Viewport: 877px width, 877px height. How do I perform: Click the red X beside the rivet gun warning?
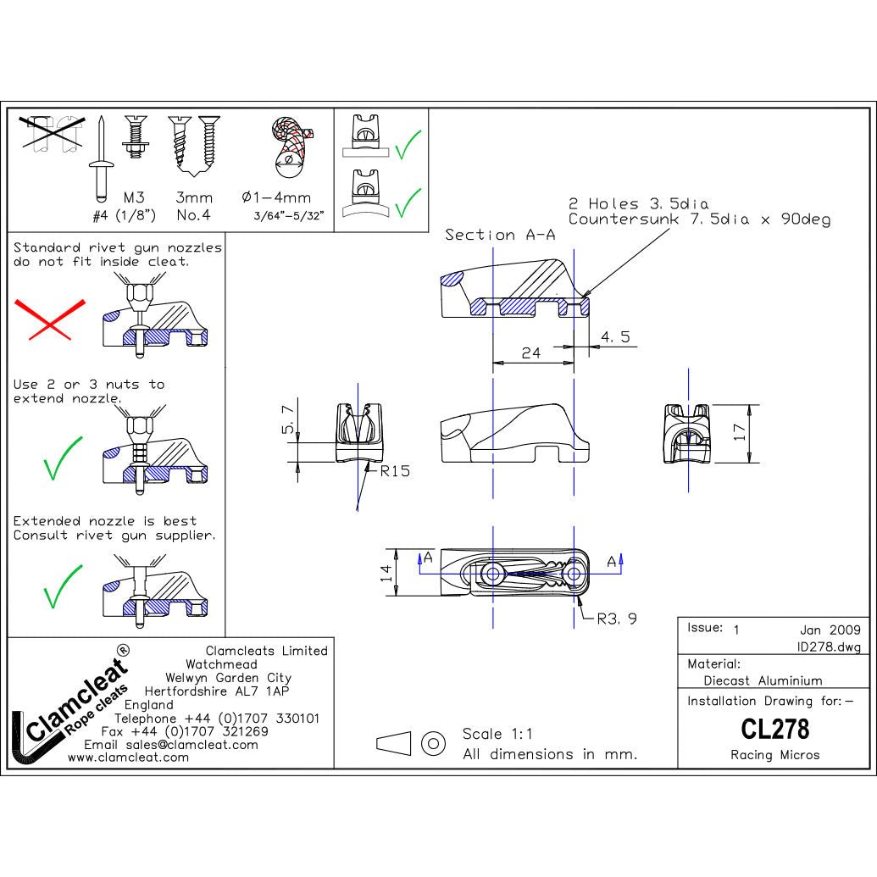(50, 319)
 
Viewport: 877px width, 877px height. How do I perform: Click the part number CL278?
(774, 729)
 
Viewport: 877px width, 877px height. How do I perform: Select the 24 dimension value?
(530, 353)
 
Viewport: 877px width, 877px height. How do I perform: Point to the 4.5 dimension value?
(615, 336)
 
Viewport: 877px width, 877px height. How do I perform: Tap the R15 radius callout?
(395, 471)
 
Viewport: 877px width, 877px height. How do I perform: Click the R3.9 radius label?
(617, 619)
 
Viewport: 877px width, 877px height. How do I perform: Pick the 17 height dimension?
(739, 432)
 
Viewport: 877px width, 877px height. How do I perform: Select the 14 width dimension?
(386, 573)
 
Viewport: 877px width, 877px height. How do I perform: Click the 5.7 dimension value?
(288, 419)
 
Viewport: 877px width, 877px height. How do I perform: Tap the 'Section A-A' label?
(500, 235)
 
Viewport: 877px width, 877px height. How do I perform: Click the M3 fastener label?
(134, 197)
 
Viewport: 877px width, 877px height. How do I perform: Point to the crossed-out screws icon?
(52, 133)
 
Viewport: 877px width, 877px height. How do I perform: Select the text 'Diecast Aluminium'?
(763, 680)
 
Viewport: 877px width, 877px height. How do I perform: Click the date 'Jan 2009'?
(830, 630)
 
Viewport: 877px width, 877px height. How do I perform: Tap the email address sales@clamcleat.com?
(170, 745)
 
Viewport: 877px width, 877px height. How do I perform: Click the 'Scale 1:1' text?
(497, 733)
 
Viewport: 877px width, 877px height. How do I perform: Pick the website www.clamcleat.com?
(128, 758)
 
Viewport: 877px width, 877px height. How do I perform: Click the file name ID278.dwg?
(829, 647)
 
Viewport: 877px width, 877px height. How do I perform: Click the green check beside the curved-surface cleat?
(408, 202)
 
